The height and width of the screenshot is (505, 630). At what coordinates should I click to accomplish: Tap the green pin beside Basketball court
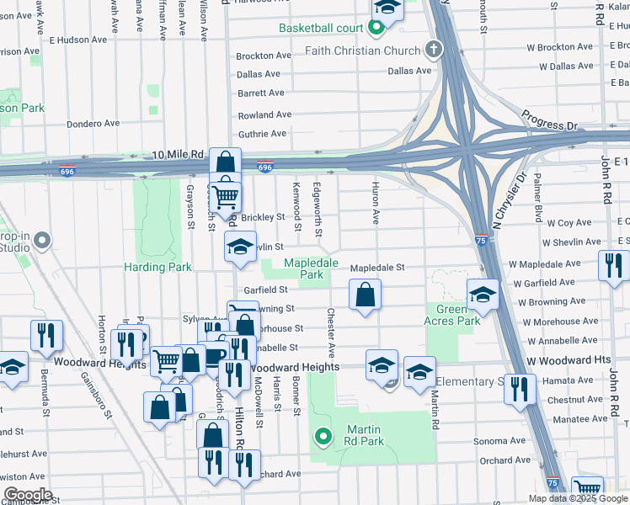point(376,29)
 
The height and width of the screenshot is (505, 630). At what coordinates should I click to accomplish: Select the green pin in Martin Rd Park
point(322,436)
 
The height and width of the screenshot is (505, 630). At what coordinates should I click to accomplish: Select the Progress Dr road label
point(549,120)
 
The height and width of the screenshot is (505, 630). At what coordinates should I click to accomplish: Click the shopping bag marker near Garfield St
point(365,295)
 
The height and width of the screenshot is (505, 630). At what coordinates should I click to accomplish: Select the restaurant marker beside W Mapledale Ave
point(612,264)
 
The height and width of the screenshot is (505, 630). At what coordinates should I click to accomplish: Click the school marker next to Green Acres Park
point(483,295)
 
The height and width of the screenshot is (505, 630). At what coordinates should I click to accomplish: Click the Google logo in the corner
point(28,495)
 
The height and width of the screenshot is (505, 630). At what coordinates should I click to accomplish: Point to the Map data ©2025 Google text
point(578,498)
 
